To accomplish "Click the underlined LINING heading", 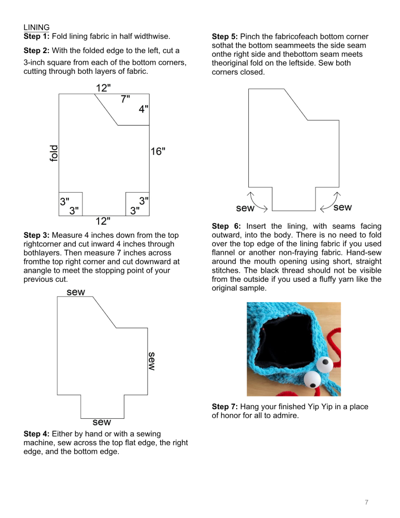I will [x=36, y=27].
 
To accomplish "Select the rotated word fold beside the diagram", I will [x=54, y=153].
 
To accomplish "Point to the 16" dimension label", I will [x=158, y=151].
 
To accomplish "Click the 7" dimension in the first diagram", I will [x=125, y=99].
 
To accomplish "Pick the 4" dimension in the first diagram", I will [x=144, y=108].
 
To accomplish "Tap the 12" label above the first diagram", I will [x=103, y=88].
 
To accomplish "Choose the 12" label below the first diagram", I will [x=103, y=221].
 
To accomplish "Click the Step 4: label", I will [x=37, y=434].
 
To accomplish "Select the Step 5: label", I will [x=225, y=37].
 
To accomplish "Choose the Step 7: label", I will [x=225, y=407].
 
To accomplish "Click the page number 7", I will [x=366, y=502].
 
